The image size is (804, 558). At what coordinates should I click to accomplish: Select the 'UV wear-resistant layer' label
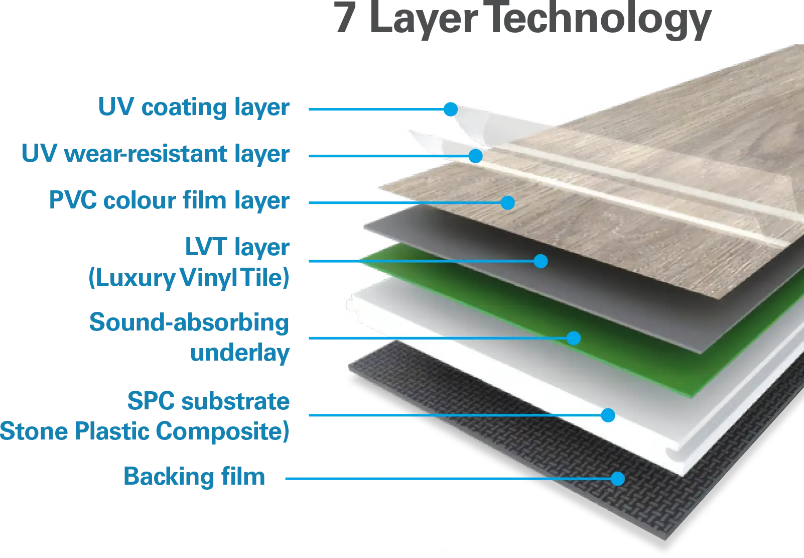(x=156, y=153)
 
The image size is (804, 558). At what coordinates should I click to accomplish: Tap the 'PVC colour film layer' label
(x=170, y=200)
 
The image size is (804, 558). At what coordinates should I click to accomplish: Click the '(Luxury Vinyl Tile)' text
(x=189, y=278)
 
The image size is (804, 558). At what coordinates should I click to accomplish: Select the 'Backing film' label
(x=194, y=476)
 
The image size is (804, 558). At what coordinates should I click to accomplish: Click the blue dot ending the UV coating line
(x=450, y=108)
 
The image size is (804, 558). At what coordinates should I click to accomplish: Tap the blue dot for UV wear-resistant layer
(x=475, y=156)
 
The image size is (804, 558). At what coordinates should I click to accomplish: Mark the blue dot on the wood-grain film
(x=507, y=202)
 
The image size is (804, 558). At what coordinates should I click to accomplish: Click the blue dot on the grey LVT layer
(x=541, y=261)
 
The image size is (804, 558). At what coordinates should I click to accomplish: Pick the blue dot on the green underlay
(x=574, y=338)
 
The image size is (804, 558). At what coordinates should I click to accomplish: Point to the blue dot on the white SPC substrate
(x=608, y=415)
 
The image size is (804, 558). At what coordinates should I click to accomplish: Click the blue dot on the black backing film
(x=618, y=479)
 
